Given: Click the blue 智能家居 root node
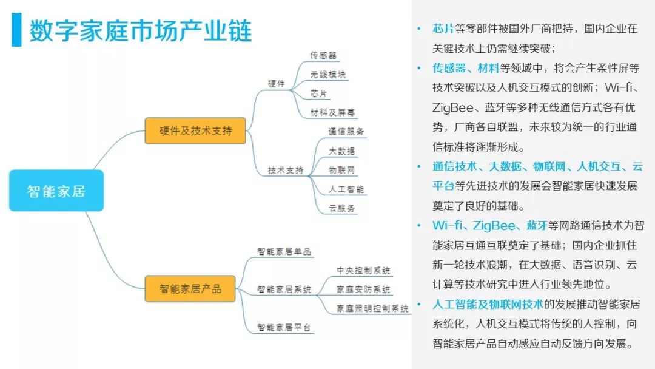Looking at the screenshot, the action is [x=56, y=191].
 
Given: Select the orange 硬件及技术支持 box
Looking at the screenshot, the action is [x=195, y=130].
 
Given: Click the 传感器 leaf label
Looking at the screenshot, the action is [x=323, y=55].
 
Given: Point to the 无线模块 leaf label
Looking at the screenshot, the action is [x=327, y=75].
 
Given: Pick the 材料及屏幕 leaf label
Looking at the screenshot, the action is [x=333, y=112].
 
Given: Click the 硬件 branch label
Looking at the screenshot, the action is [x=276, y=84].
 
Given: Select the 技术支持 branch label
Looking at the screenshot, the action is [x=285, y=170].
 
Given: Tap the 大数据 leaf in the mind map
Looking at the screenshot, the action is [x=341, y=151].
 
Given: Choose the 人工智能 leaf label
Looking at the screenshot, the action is [x=346, y=189].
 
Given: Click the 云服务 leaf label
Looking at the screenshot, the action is [x=341, y=208].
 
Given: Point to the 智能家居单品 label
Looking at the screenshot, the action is [x=284, y=251].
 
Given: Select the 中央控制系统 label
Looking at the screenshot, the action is [x=363, y=270].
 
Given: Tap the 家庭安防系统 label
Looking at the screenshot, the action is [x=363, y=289].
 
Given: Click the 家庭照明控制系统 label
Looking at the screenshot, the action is [x=372, y=308].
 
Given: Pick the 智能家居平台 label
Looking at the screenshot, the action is [x=284, y=327].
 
